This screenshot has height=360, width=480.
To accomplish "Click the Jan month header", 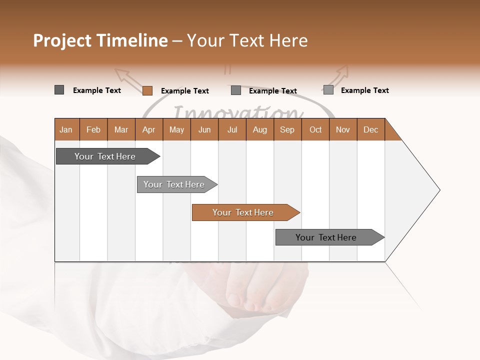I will pos(66,129).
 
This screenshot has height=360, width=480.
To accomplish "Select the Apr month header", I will pos(149,129).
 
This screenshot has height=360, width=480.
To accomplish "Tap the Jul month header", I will pos(232,129).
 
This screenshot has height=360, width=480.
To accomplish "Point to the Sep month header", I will pos(287,129).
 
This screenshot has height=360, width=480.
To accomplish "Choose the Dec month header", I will pos(370,129).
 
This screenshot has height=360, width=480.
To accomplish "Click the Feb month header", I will pos(93,129).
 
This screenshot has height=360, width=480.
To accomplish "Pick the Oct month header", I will pos(315,129).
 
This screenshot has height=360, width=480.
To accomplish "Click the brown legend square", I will pos(147,90).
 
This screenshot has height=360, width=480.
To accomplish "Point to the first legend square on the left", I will pos(59,90).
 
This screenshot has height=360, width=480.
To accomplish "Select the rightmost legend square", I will pos(328,90).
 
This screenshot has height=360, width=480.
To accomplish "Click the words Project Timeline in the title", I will pos(100,40).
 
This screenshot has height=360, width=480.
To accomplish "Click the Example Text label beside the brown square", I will pos(185,91).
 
